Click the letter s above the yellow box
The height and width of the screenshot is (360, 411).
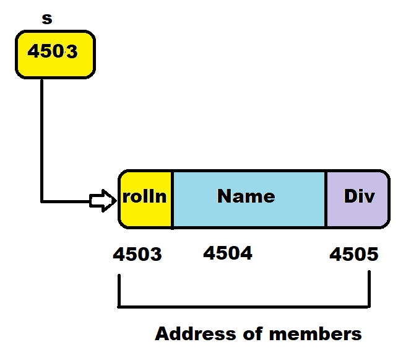(x=46, y=18)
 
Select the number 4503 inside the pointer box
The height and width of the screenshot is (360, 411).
(x=53, y=51)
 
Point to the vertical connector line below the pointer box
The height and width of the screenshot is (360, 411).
(x=41, y=136)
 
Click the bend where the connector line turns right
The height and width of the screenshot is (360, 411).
(x=42, y=201)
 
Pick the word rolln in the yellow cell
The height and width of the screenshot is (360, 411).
(x=144, y=197)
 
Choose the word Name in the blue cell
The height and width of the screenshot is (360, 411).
(x=246, y=196)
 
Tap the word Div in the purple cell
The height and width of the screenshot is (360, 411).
(x=360, y=197)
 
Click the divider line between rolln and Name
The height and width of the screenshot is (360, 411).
(x=172, y=198)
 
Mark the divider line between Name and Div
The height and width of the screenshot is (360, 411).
(x=326, y=198)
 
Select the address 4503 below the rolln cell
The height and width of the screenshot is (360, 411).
(x=137, y=254)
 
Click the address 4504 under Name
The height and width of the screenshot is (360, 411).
(x=228, y=253)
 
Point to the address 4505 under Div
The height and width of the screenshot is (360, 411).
(x=354, y=254)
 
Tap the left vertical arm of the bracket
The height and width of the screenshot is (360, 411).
(x=118, y=288)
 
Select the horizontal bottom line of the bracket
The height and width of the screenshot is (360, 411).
(x=244, y=306)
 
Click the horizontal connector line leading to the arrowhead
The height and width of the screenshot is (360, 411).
(x=65, y=201)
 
